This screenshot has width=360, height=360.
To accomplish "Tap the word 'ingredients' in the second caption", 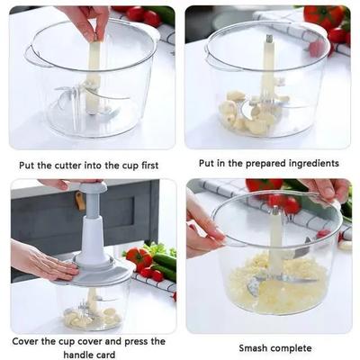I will [x=310, y=163].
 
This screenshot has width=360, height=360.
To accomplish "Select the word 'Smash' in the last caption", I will [x=255, y=348].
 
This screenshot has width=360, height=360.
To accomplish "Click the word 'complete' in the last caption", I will [x=294, y=348].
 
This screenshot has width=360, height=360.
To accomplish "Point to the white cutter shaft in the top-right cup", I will [x=267, y=67].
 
